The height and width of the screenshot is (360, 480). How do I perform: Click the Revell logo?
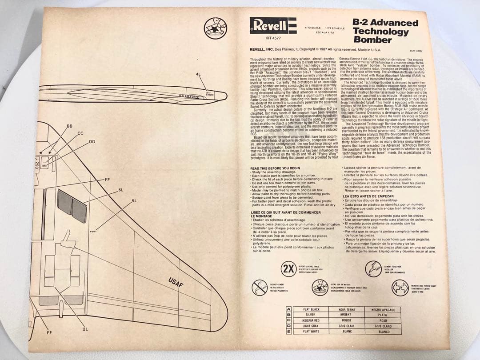pos(273,25)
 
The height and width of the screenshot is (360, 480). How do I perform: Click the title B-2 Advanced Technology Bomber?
pos(385,31)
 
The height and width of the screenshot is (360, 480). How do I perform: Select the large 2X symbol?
pos(289,269)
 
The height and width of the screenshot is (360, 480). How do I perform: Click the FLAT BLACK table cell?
pos(311,309)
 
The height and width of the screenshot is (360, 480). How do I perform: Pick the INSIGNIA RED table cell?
pos(311,320)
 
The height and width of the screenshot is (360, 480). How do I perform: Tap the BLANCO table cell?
pos(384,332)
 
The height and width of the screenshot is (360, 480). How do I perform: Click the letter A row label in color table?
pos(288,309)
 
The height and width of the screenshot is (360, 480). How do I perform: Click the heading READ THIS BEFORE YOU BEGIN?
pos(275,168)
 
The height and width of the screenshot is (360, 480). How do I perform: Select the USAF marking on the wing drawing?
pos(176,283)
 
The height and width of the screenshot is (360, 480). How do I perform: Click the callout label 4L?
pos(198,74)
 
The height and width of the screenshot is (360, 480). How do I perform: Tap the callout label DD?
pos(92,142)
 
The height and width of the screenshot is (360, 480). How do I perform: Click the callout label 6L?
pos(120,190)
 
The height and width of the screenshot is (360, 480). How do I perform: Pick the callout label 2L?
pos(85,329)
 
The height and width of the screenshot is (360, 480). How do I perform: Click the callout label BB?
pos(69,126)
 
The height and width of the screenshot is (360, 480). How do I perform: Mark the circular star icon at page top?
pos(215,28)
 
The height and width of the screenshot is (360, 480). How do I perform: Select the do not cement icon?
pos(259,288)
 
